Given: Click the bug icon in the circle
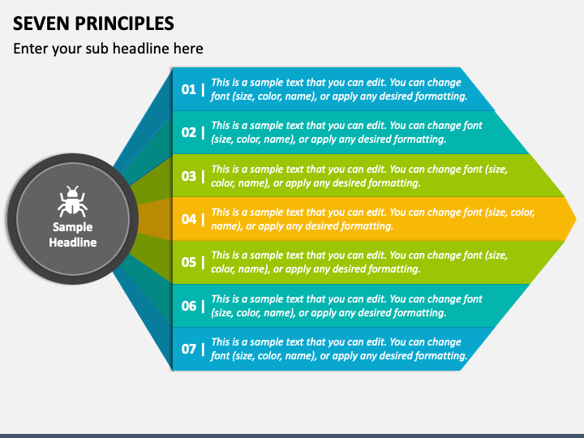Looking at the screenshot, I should tap(73, 202).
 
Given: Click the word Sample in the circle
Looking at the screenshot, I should tap(73, 227).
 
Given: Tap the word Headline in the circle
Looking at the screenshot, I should tap(73, 242).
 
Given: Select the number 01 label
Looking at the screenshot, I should tap(188, 89).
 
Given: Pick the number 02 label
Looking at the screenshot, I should tap(188, 132).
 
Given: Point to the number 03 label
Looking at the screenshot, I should tap(188, 176).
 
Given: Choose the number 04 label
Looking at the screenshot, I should tap(188, 219).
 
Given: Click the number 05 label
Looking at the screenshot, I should tap(188, 262).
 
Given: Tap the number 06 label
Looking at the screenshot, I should tap(188, 306).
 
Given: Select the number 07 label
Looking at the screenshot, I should tap(188, 349).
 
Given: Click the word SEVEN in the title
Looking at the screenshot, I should tap(40, 22).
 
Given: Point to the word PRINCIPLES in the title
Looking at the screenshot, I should tap(122, 22).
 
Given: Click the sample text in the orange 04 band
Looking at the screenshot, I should tap(373, 219).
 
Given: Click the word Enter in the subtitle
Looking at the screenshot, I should tap(31, 49).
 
